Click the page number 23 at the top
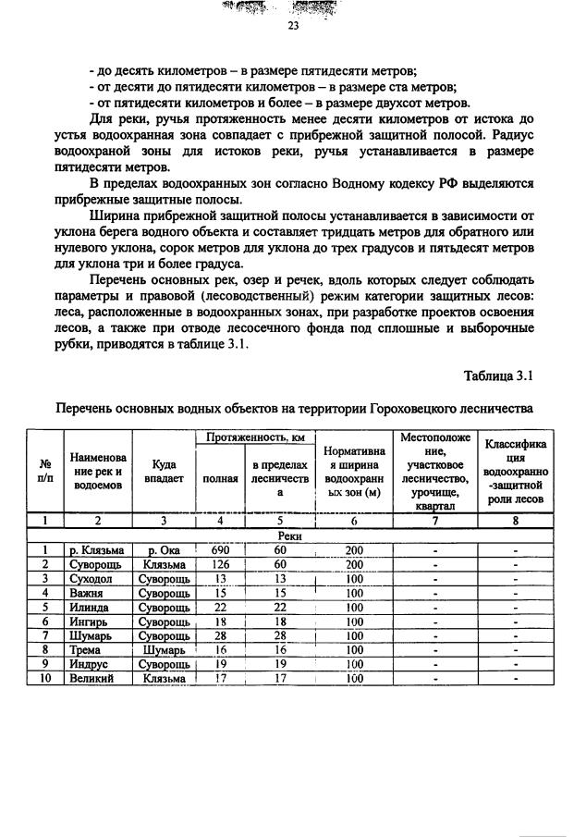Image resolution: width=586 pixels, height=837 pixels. [x=293, y=27]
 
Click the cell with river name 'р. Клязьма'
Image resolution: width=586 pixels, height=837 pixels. [x=96, y=549]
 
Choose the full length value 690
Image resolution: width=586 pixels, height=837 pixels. [x=221, y=549]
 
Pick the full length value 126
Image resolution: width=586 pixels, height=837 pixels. [x=221, y=563]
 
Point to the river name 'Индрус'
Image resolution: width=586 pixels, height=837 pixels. [x=88, y=663]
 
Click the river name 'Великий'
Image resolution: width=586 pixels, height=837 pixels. [x=91, y=678]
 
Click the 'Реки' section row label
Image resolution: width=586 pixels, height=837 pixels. [x=292, y=535]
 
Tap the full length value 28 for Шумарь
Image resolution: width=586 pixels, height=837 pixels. [x=221, y=635]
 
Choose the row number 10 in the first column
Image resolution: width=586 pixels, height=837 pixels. [x=43, y=678]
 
